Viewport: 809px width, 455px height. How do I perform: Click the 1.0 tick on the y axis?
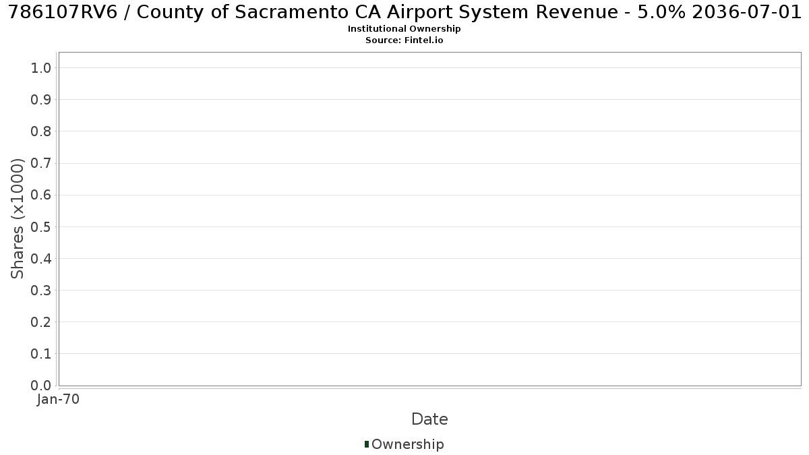pyautogui.click(x=41, y=68)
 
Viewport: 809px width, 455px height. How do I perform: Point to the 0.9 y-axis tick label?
pyautogui.click(x=41, y=100)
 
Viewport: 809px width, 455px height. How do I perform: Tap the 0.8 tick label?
pyautogui.click(x=41, y=131)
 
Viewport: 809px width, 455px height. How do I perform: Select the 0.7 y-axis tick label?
pyautogui.click(x=41, y=163)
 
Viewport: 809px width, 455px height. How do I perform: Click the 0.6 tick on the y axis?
pyautogui.click(x=41, y=195)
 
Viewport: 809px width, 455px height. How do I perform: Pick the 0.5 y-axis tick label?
pyautogui.click(x=41, y=226)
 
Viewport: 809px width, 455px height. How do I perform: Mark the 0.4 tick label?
pyautogui.click(x=41, y=259)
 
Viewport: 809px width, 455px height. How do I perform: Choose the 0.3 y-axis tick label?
pyautogui.click(x=41, y=291)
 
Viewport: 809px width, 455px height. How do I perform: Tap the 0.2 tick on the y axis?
pyautogui.click(x=41, y=322)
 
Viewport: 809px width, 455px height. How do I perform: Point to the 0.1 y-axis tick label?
pyautogui.click(x=41, y=354)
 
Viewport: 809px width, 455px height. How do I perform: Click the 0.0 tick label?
pyautogui.click(x=41, y=386)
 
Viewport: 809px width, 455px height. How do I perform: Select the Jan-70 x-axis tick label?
pyautogui.click(x=58, y=399)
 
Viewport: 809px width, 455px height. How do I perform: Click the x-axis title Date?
pyautogui.click(x=430, y=419)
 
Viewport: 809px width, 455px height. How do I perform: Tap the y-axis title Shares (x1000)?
pyautogui.click(x=17, y=219)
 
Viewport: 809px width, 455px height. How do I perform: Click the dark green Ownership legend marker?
pyautogui.click(x=367, y=444)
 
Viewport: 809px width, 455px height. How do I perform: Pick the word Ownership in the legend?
pyautogui.click(x=408, y=444)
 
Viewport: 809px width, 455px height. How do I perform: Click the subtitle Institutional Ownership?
pyautogui.click(x=404, y=29)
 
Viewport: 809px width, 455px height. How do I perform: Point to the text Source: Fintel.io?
pyautogui.click(x=404, y=40)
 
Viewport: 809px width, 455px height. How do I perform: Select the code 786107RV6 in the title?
pyautogui.click(x=63, y=12)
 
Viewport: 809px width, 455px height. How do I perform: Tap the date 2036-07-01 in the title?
pyautogui.click(x=746, y=12)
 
